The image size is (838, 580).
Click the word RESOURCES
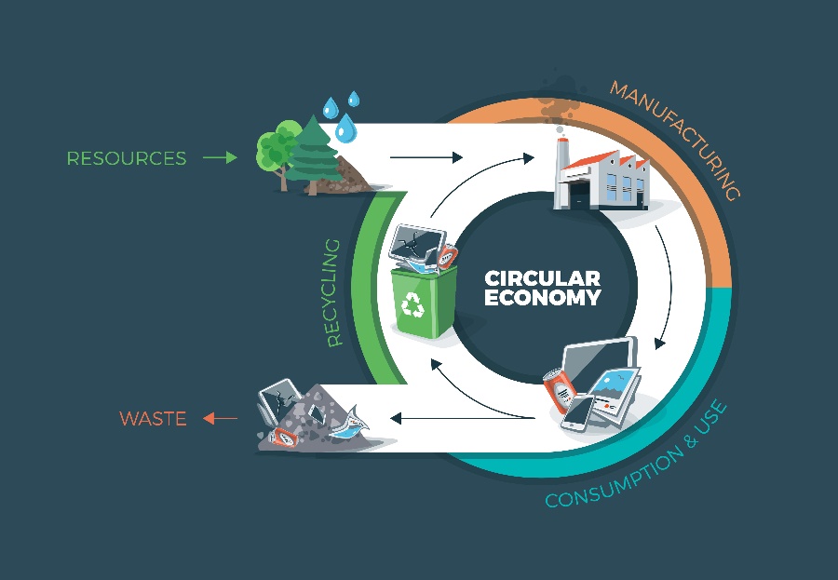pyautogui.click(x=126, y=158)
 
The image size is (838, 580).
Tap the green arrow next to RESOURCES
pyautogui.click(x=220, y=158)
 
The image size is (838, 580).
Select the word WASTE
pyautogui.click(x=153, y=419)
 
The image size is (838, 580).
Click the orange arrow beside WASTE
pyautogui.click(x=220, y=419)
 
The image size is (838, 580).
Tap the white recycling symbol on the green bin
pyautogui.click(x=411, y=304)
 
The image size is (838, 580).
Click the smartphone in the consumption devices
pyautogui.click(x=579, y=411)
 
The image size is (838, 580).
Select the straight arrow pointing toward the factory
pyautogui.click(x=426, y=158)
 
